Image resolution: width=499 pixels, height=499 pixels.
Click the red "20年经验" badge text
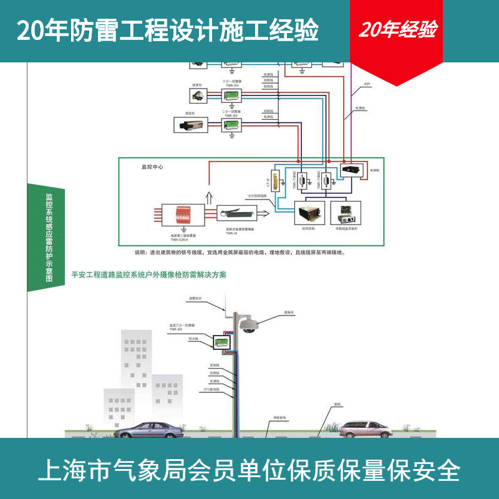coord(397,30)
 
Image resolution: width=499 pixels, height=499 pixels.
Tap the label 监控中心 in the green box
coord(152,168)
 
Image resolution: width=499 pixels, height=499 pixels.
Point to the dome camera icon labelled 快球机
coord(198,95)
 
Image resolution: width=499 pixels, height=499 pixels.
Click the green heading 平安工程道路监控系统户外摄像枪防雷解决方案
coord(149,274)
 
